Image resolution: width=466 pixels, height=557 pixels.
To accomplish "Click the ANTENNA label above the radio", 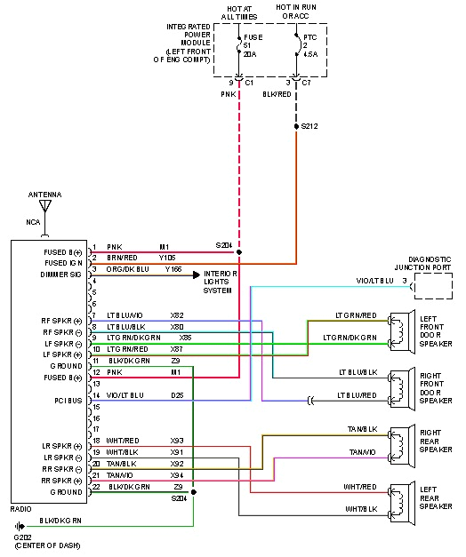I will click(x=45, y=194).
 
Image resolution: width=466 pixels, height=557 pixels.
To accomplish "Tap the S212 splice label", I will click(x=309, y=126).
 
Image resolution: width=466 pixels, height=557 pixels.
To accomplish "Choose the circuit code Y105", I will click(x=167, y=258).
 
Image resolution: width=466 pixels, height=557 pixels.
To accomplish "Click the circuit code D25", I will click(x=177, y=394).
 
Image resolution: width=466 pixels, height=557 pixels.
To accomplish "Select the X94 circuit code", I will click(x=177, y=475).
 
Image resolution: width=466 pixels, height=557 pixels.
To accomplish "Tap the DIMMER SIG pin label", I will click(x=62, y=275).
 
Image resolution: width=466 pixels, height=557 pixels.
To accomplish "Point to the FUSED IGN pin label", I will click(x=64, y=263).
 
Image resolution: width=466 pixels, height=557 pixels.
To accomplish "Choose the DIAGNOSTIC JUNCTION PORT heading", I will click(x=430, y=263).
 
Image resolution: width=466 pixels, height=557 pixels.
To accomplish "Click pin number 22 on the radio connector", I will click(x=95, y=487).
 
